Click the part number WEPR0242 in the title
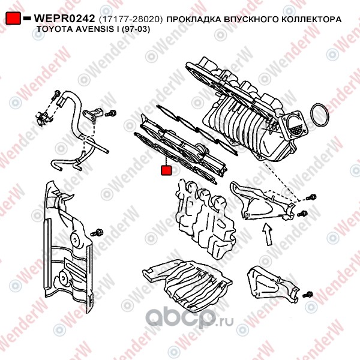click(x=64, y=19)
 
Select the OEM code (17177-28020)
click(x=131, y=19)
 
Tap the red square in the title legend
click(x=13, y=18)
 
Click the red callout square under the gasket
click(x=166, y=170)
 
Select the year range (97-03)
click(x=136, y=29)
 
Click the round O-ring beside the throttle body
click(x=319, y=115)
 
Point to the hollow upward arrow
click(x=267, y=234)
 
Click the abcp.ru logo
click(x=190, y=317)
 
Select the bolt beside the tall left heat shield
click(x=97, y=233)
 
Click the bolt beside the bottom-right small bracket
click(x=308, y=295)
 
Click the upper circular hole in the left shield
click(x=75, y=239)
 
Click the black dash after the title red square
click(x=27, y=18)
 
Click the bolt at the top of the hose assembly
click(x=56, y=95)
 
